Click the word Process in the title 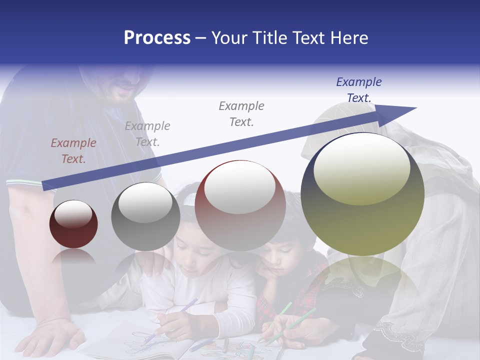pos(157,38)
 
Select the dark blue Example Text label pos(358,90)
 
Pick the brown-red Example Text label pos(73,151)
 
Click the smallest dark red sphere pos(73,224)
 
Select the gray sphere pos(145,216)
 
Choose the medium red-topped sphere pos(240,205)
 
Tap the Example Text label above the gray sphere pos(147,134)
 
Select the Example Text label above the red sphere pos(241,113)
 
